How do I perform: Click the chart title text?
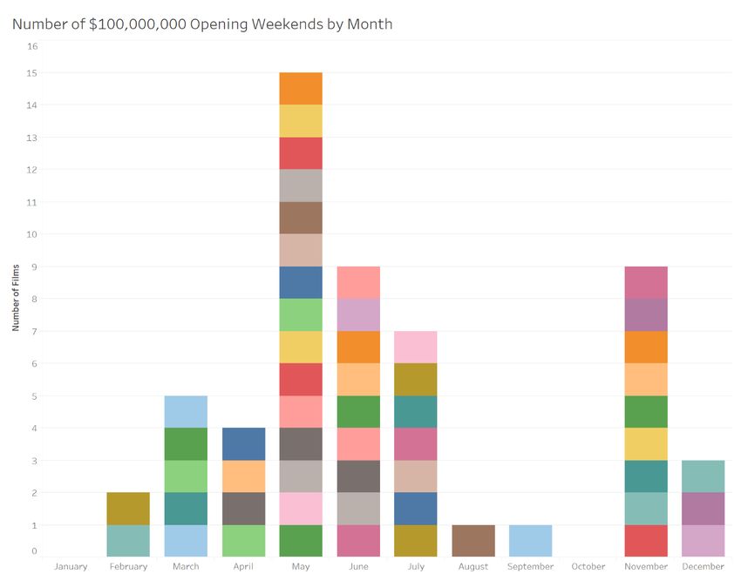click(x=202, y=24)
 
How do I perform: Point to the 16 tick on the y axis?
click(x=32, y=46)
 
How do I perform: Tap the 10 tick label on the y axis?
click(x=32, y=234)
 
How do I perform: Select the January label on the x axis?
click(x=71, y=567)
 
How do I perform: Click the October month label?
click(x=588, y=567)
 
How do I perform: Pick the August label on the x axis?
click(x=473, y=567)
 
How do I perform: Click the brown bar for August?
click(x=473, y=541)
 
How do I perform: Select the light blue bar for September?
click(x=531, y=541)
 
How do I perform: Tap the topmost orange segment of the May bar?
click(x=301, y=89)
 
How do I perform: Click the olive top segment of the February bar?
click(x=128, y=509)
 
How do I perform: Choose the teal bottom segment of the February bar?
click(x=128, y=541)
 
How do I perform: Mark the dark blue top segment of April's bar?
click(x=243, y=444)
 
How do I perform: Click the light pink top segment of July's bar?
click(x=416, y=347)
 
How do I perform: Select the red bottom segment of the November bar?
click(x=646, y=541)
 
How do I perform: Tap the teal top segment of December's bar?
click(x=704, y=476)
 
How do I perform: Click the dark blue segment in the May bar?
click(x=301, y=282)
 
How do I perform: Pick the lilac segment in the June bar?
click(x=358, y=314)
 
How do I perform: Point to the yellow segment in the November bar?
click(x=646, y=444)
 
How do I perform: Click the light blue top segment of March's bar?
click(x=186, y=411)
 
